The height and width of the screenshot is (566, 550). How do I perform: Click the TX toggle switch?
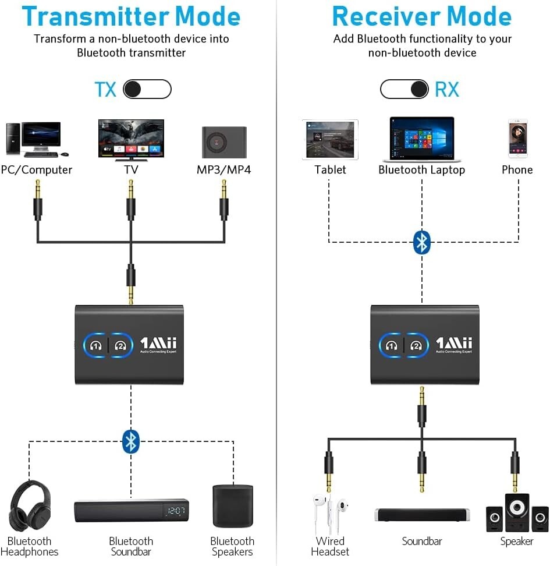coord(147,89)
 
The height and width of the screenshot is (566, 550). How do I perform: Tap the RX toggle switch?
coord(404,89)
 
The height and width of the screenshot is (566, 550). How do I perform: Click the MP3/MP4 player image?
coord(224,142)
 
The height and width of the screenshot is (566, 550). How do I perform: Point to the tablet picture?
coord(330,140)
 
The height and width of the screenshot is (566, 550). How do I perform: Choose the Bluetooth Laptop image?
coord(422,139)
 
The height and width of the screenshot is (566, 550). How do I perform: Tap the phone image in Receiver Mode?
coord(517,139)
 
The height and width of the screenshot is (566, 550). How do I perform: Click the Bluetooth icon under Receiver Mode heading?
coord(421,242)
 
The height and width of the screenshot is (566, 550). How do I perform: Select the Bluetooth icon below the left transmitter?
coord(131,441)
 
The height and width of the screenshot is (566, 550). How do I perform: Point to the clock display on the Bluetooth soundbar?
coord(175,511)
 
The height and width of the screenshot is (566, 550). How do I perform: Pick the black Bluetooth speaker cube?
coord(232,506)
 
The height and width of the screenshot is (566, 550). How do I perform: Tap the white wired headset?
coord(329,510)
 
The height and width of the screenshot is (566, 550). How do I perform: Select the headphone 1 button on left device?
coord(96,345)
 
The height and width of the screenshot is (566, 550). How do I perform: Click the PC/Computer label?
coord(37,170)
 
